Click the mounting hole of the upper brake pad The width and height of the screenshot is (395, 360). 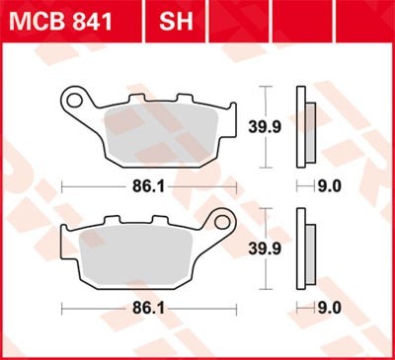point(72,100)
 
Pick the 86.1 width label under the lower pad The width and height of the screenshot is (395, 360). point(149,307)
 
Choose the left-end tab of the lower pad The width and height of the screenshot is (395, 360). point(65,241)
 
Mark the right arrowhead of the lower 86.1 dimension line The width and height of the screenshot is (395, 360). point(234,307)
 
